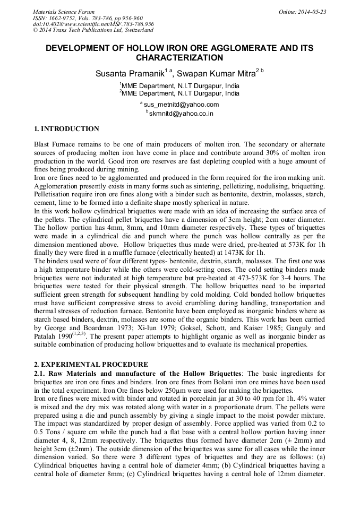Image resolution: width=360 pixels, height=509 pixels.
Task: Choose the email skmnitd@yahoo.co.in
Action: point(181,113)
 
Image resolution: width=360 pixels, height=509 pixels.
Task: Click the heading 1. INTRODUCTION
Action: point(66,129)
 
